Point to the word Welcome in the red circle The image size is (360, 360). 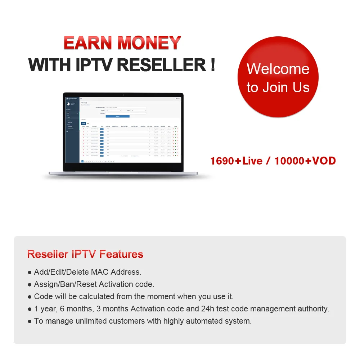point(278,69)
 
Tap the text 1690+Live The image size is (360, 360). point(237,161)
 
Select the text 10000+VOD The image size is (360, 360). point(305,161)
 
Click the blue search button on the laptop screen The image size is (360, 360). point(117,116)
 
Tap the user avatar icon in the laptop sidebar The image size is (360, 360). point(68,104)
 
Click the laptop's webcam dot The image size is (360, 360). point(123,95)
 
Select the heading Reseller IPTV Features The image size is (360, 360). point(85,254)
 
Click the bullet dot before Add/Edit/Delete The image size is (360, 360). point(30,272)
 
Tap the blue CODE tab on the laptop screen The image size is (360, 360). point(84,123)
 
